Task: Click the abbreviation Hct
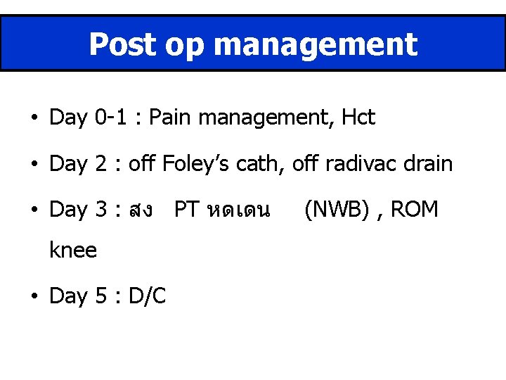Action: pyautogui.click(x=358, y=118)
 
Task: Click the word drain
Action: pyautogui.click(x=428, y=164)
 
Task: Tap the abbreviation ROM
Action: pyautogui.click(x=415, y=210)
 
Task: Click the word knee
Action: pyautogui.click(x=73, y=249)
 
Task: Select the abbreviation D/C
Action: pyautogui.click(x=146, y=296)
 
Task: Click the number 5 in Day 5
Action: pyautogui.click(x=100, y=296)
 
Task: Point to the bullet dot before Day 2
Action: pyautogui.click(x=34, y=165)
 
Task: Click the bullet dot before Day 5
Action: pyautogui.click(x=34, y=296)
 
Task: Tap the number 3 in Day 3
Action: pyautogui.click(x=100, y=210)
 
